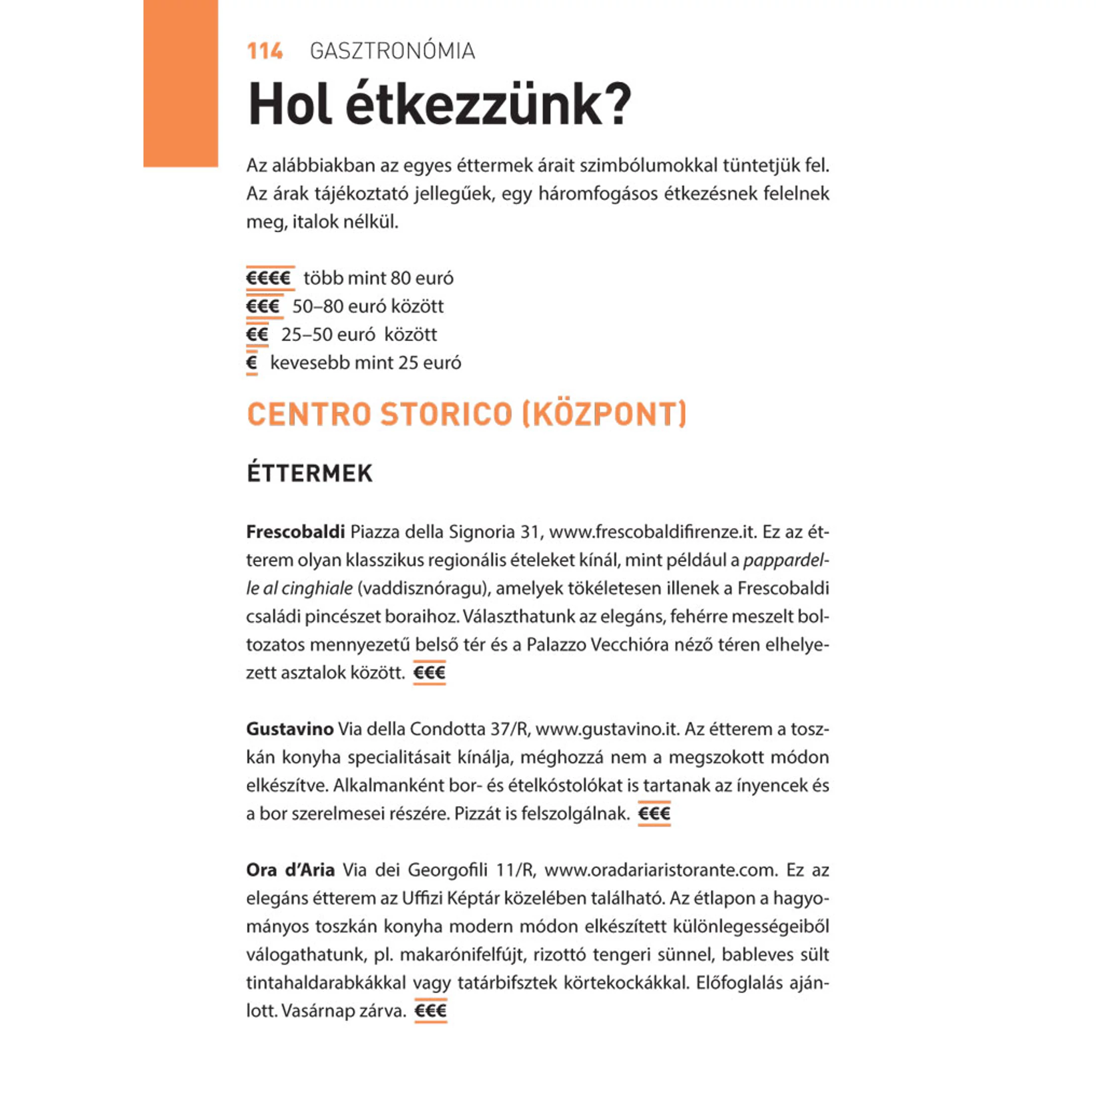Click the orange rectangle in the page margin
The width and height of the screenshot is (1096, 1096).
coord(180,83)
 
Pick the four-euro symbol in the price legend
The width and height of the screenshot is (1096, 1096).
coord(269,278)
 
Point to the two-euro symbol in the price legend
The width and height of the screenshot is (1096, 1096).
coord(257,334)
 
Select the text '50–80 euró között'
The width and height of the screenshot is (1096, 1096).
coord(368,306)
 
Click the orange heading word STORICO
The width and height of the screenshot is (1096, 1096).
coord(446,414)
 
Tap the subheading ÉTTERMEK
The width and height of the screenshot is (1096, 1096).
coord(310,474)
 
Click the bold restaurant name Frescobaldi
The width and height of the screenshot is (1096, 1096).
coord(295,532)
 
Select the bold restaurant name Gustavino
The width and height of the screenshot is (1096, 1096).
coord(289,729)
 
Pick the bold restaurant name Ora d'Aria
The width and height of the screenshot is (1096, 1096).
coord(290,870)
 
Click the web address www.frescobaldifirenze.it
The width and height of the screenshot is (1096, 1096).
coord(653,532)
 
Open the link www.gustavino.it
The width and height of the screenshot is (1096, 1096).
coord(607,729)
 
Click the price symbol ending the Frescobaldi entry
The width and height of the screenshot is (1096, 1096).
coord(429,673)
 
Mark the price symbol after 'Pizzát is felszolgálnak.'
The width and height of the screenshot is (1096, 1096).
coord(654,814)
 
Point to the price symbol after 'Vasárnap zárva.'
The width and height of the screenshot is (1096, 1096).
coord(430,1011)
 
